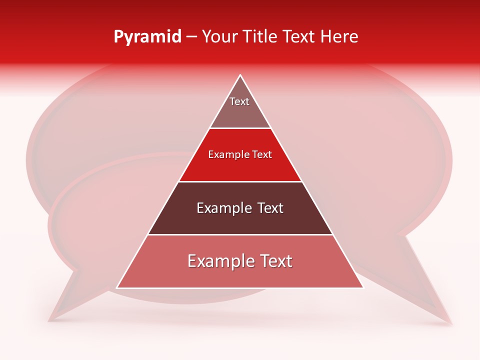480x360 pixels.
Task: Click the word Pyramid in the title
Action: [147, 37]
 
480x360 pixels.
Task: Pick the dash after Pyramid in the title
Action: [191, 37]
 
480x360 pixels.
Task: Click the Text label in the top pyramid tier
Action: [239, 101]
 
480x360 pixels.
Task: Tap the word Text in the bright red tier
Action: [262, 155]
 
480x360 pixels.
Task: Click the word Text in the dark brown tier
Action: [270, 208]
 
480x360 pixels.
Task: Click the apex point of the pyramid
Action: [240, 75]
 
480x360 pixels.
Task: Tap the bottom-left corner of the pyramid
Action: [117, 288]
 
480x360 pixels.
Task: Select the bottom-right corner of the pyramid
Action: [363, 288]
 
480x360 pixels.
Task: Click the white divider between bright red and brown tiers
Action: [240, 181]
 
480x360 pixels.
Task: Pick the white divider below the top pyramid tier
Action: [240, 128]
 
